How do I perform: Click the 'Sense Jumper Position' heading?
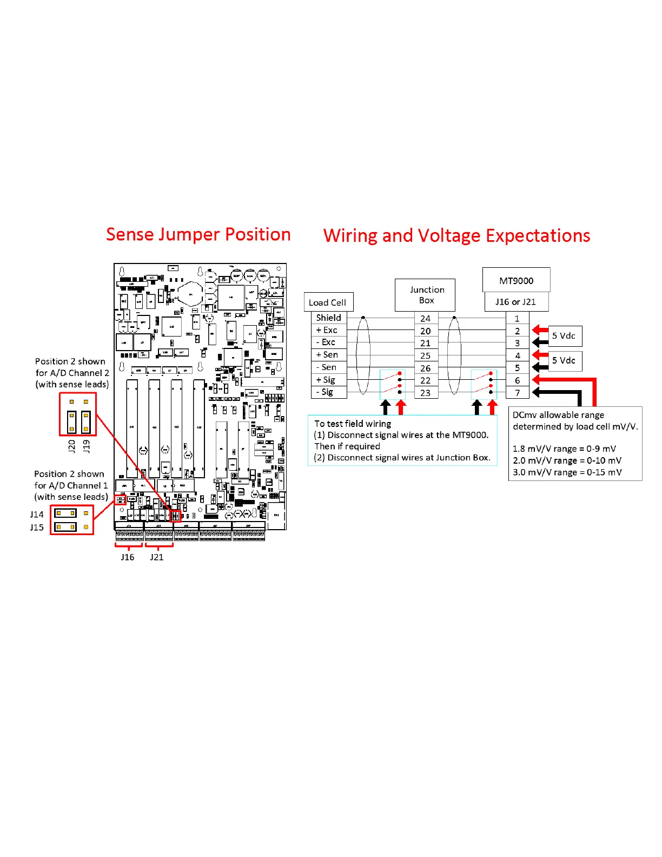point(198,234)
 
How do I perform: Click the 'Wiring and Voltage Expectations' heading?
point(456,236)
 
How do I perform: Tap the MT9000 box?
point(516,280)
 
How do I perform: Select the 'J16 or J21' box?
point(516,302)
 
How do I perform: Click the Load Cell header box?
point(328,302)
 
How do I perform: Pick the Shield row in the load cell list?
point(328,318)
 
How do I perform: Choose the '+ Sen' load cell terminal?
point(327,354)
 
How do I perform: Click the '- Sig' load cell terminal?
point(325,392)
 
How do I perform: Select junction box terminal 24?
point(426,319)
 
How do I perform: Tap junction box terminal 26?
point(426,368)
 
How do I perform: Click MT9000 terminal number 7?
point(517,393)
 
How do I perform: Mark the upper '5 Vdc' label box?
point(565,336)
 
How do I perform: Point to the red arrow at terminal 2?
point(540,330)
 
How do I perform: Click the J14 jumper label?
point(37,514)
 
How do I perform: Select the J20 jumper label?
point(71,446)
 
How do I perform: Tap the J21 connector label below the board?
point(157,557)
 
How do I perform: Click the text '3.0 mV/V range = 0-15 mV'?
point(567,472)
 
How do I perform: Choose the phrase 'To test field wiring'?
point(353,424)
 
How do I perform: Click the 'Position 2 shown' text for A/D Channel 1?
point(69,474)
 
